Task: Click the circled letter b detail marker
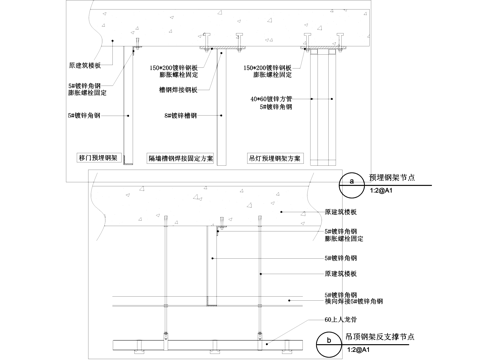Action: [332, 341]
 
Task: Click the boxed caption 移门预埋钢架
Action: [99, 158]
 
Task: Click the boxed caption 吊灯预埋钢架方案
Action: [272, 158]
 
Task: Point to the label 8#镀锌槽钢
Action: [182, 117]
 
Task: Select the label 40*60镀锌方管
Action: [271, 99]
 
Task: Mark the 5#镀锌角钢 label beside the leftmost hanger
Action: [86, 117]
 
